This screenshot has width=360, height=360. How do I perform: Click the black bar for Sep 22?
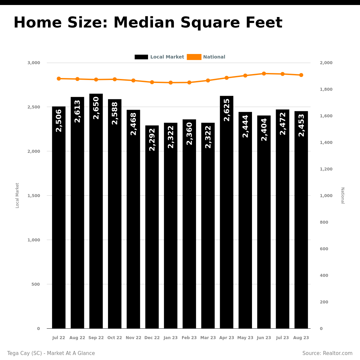pyautogui.click(x=96, y=211)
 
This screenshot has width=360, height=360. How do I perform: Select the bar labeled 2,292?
pyautogui.click(x=152, y=227)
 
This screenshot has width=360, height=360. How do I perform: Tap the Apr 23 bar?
pyautogui.click(x=227, y=212)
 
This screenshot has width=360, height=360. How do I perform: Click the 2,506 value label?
pyautogui.click(x=59, y=121)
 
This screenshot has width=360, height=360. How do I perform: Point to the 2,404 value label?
pyautogui.click(x=264, y=129)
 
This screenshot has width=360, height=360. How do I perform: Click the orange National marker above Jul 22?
pyautogui.click(x=59, y=79)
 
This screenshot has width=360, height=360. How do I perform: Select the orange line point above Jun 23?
pyautogui.click(x=264, y=73)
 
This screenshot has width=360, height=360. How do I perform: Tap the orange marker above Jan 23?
pyautogui.click(x=171, y=82)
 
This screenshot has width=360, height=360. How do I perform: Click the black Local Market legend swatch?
pyautogui.click(x=141, y=57)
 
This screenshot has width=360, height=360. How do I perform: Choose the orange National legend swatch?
pyautogui.click(x=194, y=57)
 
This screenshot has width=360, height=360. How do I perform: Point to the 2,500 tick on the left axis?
pyautogui.click(x=34, y=107)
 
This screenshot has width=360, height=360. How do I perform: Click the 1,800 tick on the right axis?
pyautogui.click(x=326, y=89)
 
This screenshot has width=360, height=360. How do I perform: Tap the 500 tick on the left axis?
pyautogui.click(x=36, y=284)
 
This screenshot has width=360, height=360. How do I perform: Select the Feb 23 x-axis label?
pyautogui.click(x=189, y=338)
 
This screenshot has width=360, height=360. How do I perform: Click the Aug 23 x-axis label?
pyautogui.click(x=301, y=338)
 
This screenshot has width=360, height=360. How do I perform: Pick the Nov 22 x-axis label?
pyautogui.click(x=133, y=338)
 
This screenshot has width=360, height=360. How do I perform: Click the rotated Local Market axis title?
pyautogui.click(x=17, y=195)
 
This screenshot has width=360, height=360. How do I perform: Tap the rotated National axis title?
pyautogui.click(x=343, y=195)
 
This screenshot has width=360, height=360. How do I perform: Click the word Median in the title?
pyautogui.click(x=144, y=23)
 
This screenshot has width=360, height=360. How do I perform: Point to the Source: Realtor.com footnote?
pyautogui.click(x=327, y=353)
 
